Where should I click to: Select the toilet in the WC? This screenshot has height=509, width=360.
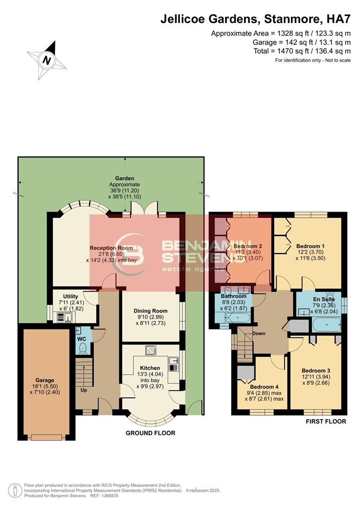pos(83,348)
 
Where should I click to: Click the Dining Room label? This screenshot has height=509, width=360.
pos(150,311)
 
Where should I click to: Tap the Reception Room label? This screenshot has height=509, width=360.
pos(111,248)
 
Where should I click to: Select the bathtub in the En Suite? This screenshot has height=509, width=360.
pos(327,325)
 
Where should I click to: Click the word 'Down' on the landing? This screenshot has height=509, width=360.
pos(259,334)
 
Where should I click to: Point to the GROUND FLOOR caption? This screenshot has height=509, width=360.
pos(150,433)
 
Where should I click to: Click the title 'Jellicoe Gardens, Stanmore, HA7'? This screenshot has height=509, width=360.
pos(255,19)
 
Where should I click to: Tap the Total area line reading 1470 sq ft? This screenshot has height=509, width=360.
pos(301,51)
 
